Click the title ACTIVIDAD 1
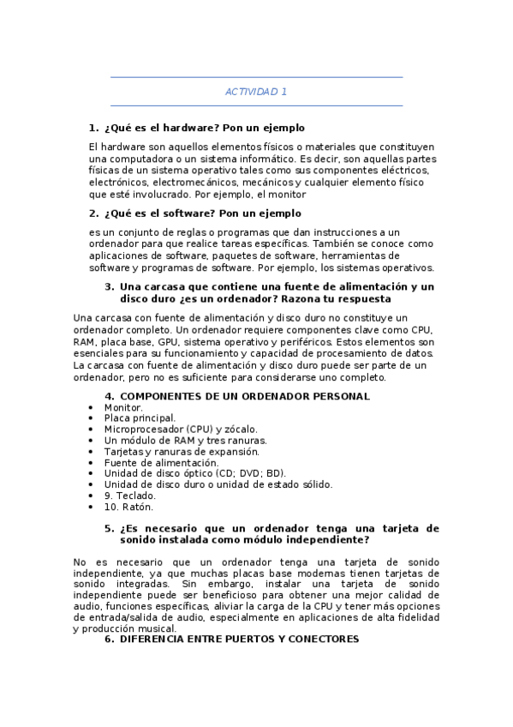256,91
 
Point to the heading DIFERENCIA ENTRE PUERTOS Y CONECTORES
239,640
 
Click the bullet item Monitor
123,407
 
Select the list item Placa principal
140,418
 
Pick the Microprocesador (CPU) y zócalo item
180,429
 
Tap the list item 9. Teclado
130,496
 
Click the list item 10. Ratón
128,507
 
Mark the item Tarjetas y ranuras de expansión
182,451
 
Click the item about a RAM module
185,440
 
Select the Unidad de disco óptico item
194,473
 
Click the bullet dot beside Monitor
92,408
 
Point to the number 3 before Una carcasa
109,287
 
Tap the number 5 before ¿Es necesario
109,529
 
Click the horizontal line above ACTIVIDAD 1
256,77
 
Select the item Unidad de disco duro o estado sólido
218,484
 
